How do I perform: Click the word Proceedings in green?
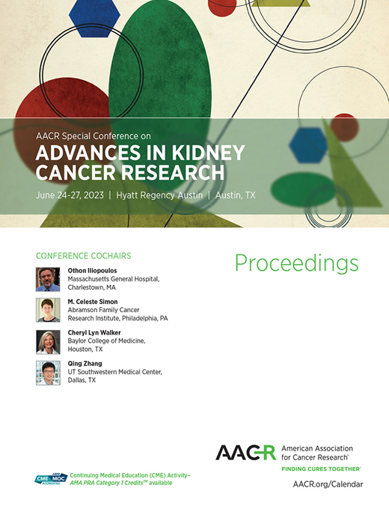296,263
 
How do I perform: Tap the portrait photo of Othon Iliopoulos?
48,279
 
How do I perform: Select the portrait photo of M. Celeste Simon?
48,310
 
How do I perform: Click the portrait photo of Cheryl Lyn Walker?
48,341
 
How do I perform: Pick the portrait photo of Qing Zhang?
48,373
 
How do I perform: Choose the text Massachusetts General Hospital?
113,279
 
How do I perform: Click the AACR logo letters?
245,452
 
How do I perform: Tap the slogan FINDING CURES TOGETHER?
321,469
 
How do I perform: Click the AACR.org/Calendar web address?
328,484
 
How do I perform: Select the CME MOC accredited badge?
51,480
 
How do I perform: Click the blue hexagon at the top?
94,13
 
